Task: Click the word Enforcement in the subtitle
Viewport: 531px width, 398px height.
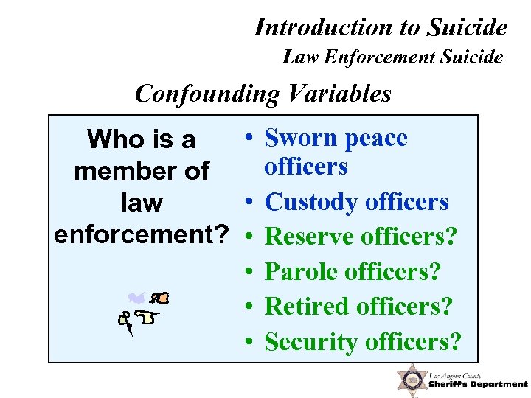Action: tap(379, 56)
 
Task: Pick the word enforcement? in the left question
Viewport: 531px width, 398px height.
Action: tap(141, 234)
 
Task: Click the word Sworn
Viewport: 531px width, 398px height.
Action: tap(299, 138)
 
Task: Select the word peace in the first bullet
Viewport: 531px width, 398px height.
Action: tap(374, 138)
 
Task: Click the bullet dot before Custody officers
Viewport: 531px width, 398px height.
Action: tap(251, 201)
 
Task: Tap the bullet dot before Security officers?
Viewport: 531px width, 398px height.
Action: tap(251, 341)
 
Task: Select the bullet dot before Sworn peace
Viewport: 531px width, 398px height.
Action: tap(251, 138)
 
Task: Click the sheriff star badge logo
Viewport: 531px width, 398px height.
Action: tap(411, 380)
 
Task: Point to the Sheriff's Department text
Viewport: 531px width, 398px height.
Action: tap(479, 383)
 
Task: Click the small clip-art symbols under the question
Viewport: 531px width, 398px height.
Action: tap(145, 311)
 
